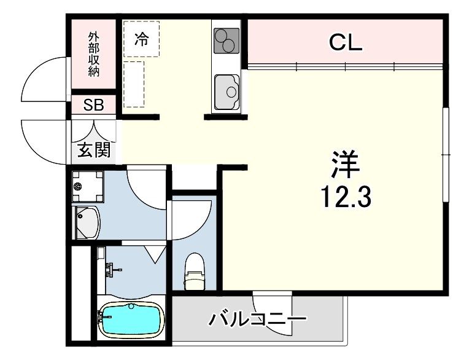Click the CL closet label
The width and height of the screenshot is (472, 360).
tap(346, 42)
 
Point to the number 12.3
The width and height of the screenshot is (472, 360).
tap(346, 197)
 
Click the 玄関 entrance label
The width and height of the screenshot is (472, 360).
tap(94, 149)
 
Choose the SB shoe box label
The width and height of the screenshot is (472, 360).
tap(94, 105)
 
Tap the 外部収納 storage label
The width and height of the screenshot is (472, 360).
tap(93, 55)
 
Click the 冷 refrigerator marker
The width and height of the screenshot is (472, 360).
tap(141, 40)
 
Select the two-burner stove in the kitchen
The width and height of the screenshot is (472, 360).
tap(225, 41)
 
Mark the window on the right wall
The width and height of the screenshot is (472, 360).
tap(446, 154)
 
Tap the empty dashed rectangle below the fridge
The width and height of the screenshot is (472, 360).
tap(134, 84)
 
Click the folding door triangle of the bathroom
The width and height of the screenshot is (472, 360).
tap(155, 252)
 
